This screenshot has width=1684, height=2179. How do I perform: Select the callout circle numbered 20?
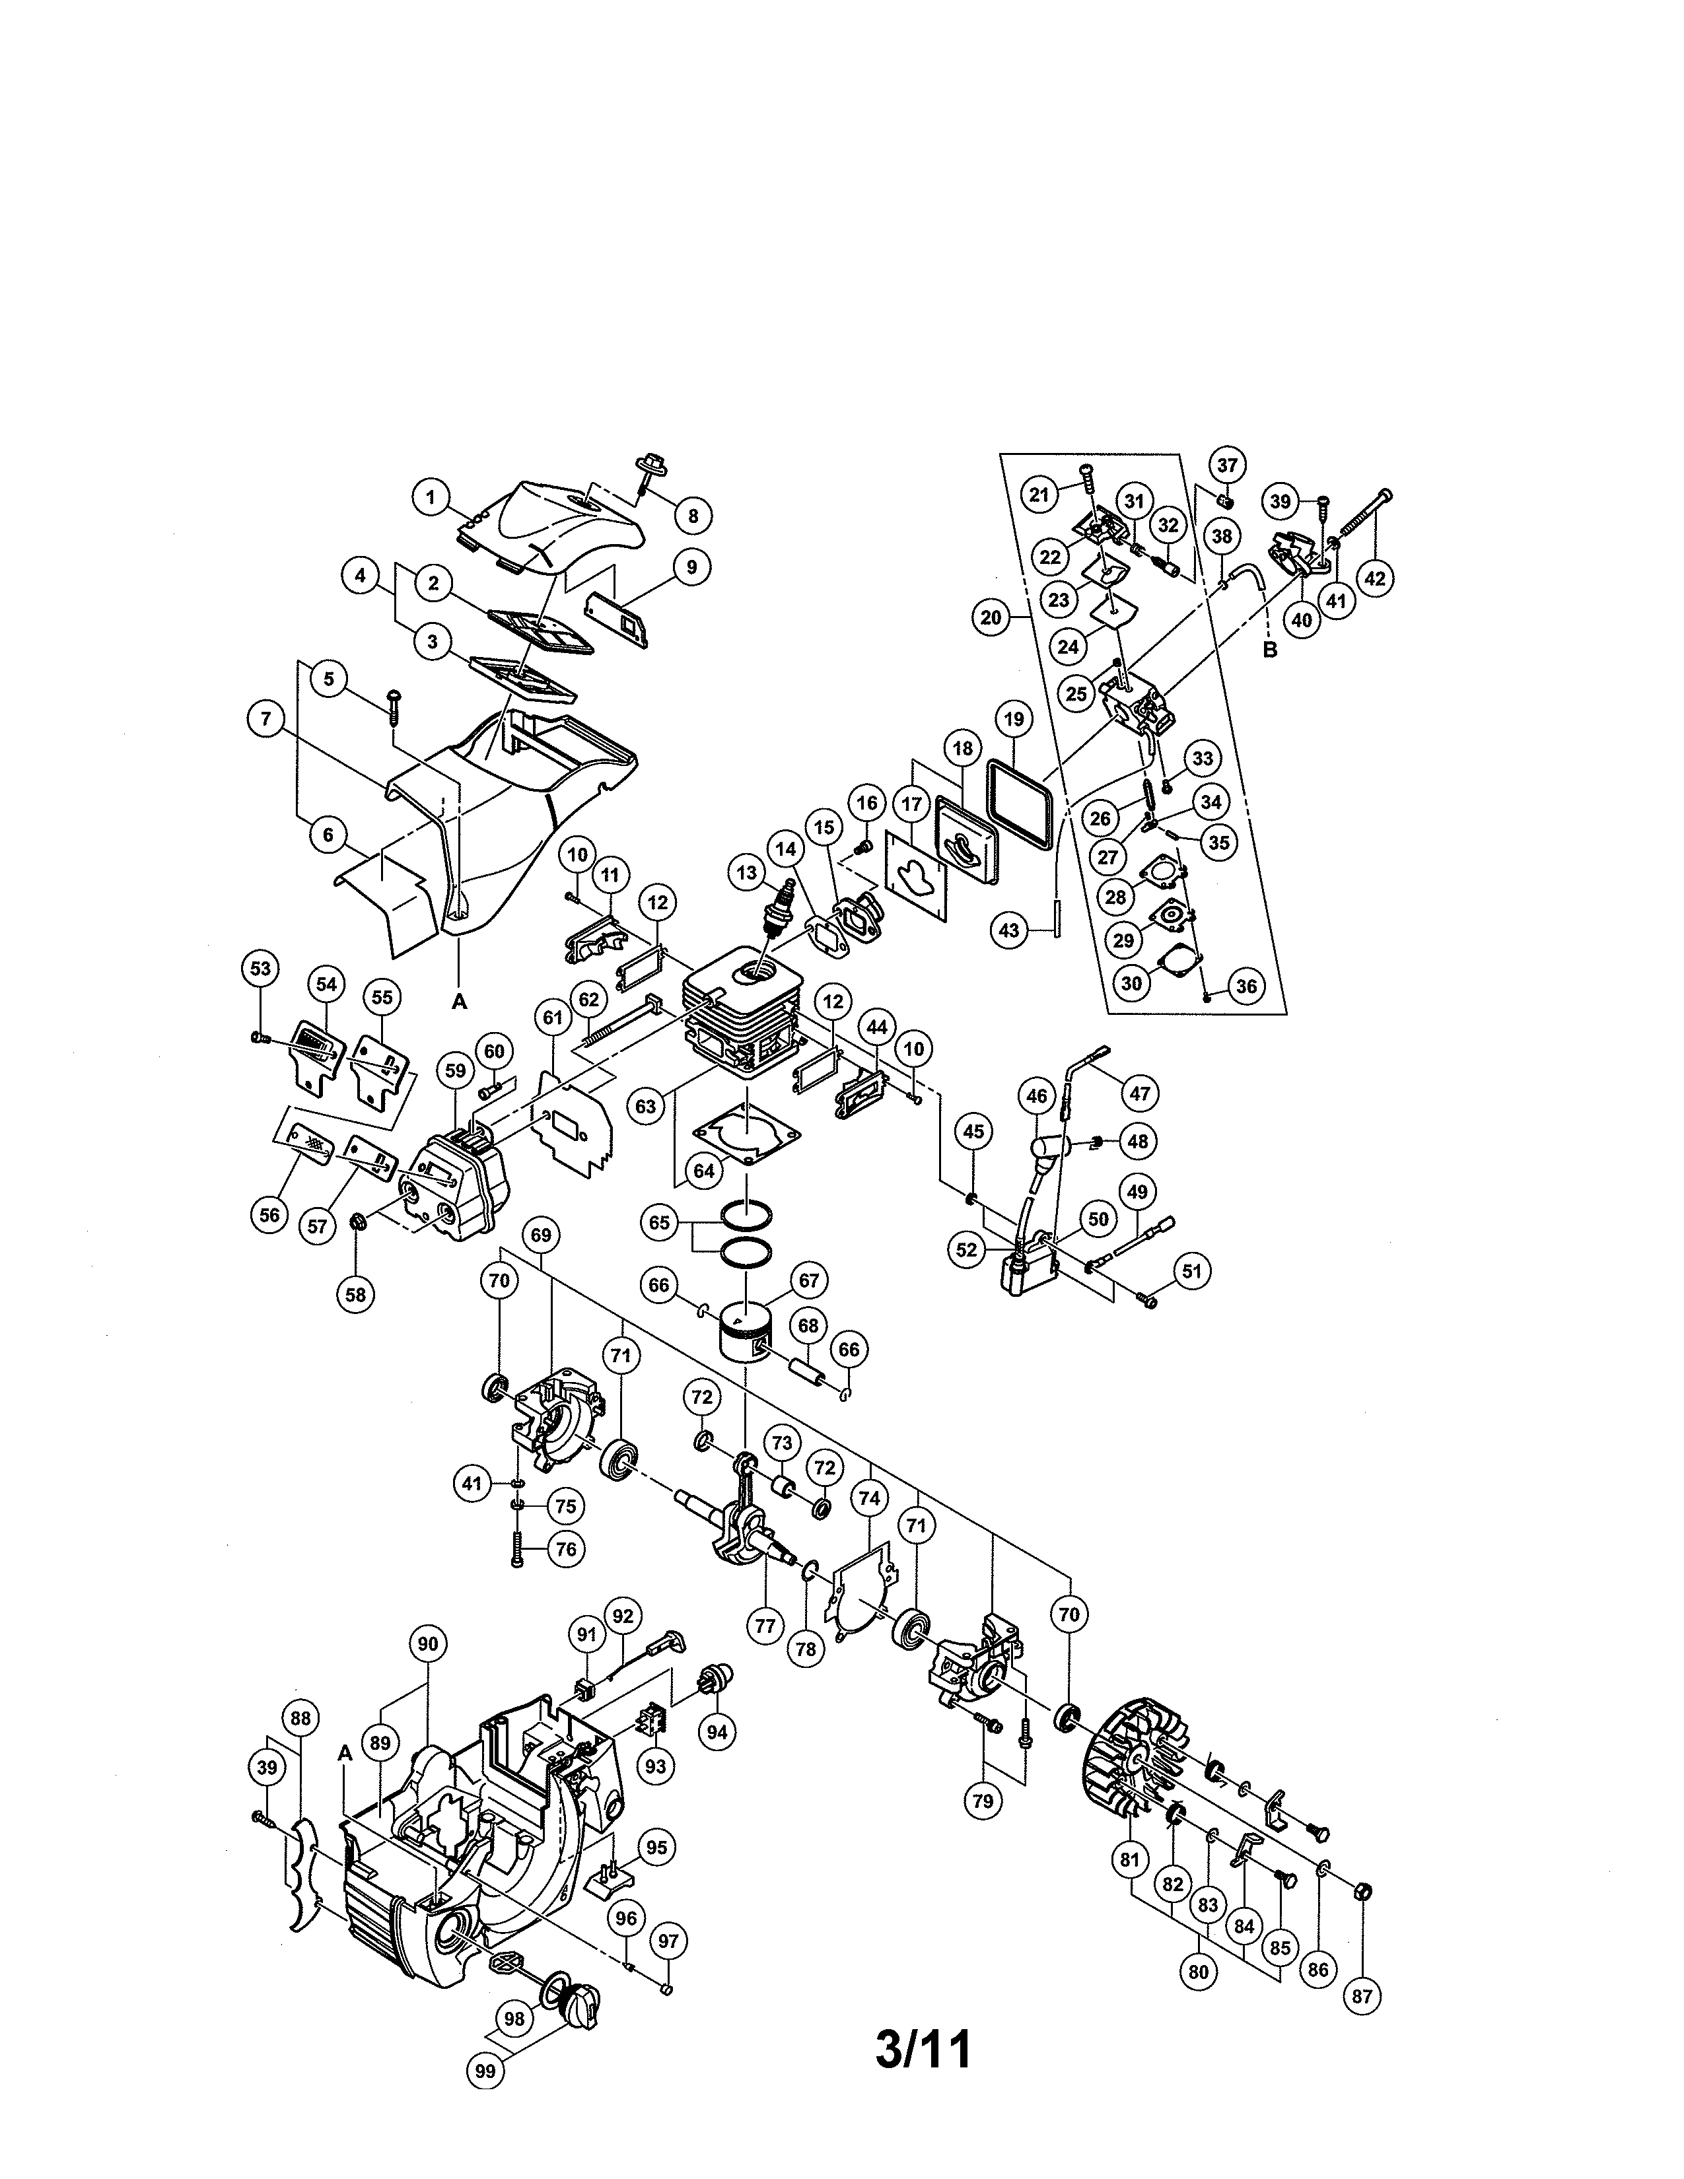click(x=990, y=617)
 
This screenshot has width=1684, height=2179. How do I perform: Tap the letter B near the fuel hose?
click(x=1269, y=650)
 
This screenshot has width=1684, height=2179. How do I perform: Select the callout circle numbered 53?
click(x=260, y=969)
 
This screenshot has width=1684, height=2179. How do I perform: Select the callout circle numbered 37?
click(x=1227, y=465)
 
